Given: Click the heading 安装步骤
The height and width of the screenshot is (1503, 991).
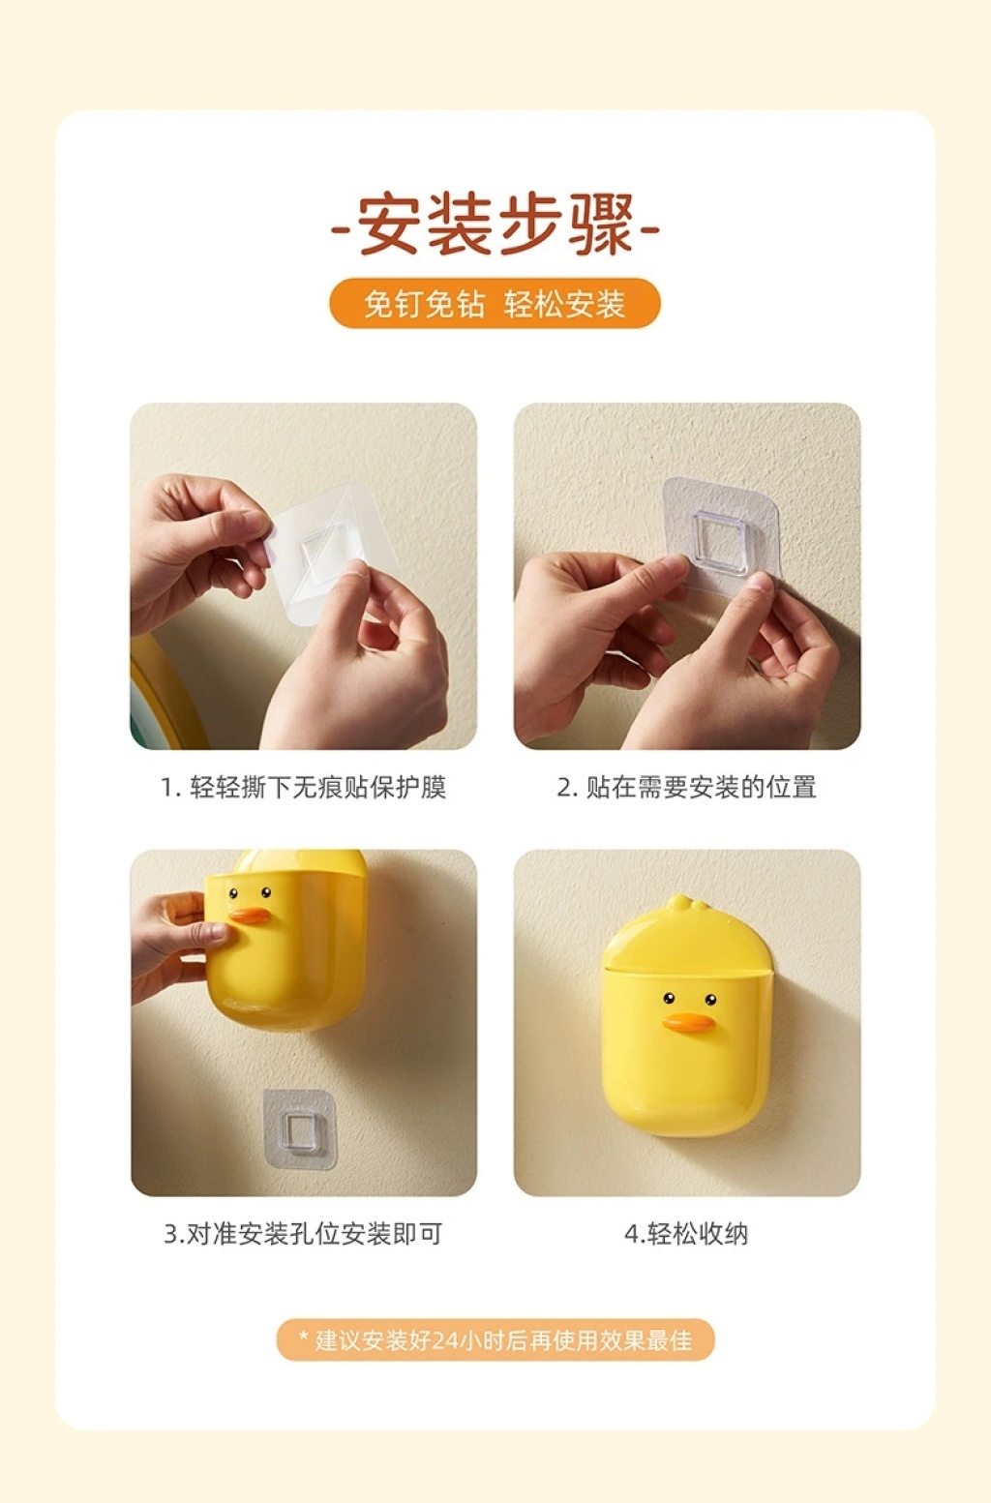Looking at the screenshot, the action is (x=495, y=225).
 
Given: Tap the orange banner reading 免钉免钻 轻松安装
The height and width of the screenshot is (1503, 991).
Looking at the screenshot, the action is (x=495, y=303).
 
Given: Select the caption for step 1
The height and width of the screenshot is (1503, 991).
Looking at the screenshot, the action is (x=303, y=787).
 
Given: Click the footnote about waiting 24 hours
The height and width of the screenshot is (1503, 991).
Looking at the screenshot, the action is (x=495, y=1340).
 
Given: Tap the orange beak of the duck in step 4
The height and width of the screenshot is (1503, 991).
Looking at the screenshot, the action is (x=688, y=1022).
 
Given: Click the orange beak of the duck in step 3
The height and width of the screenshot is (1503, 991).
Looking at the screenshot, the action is (x=249, y=916).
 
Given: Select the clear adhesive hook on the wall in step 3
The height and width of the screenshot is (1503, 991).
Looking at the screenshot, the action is (x=300, y=1129).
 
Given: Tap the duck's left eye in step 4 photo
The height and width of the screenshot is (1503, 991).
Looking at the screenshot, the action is (x=669, y=998).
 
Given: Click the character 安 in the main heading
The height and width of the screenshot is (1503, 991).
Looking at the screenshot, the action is (x=389, y=225).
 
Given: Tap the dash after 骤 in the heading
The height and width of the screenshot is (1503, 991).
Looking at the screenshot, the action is (x=648, y=229).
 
